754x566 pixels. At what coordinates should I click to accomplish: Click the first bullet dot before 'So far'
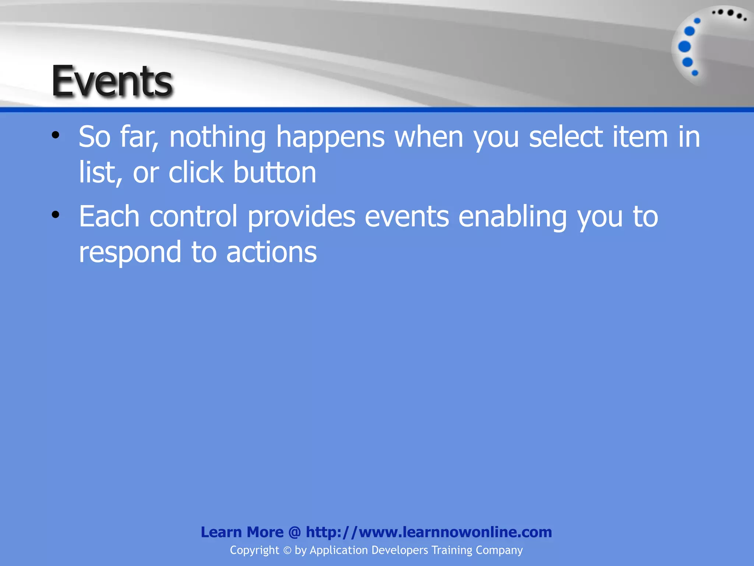click(x=56, y=135)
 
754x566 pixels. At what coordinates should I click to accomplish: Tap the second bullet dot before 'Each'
click(x=56, y=215)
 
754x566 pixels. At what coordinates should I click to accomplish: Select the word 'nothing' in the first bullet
click(x=217, y=137)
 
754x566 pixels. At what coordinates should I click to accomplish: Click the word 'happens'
click(x=330, y=137)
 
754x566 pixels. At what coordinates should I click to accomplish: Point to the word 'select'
click(x=566, y=137)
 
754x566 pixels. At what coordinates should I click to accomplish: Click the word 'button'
click(x=275, y=172)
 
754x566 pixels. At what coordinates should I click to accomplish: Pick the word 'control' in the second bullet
click(x=194, y=216)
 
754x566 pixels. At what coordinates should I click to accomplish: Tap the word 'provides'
click(x=301, y=216)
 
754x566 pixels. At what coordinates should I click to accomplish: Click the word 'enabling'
click(x=512, y=216)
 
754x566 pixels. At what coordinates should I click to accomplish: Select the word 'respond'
click(x=130, y=252)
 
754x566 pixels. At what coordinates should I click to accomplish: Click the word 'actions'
click(x=271, y=252)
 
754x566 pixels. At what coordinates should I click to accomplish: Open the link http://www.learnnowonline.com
click(x=429, y=532)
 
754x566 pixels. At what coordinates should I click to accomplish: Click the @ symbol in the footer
click(x=295, y=532)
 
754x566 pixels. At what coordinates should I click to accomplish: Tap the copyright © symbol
click(x=287, y=550)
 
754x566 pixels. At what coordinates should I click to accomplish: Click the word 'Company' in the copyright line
click(x=499, y=550)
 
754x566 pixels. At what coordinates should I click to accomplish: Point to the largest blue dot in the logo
click(x=684, y=47)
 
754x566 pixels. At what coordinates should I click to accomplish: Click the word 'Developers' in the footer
click(x=399, y=550)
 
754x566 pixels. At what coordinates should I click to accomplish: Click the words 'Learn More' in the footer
click(x=242, y=532)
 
